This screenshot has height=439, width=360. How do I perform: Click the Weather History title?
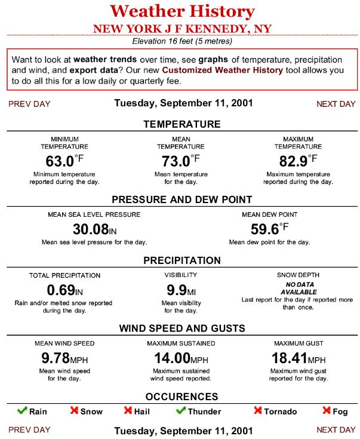182,11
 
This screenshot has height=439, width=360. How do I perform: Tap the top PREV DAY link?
29,104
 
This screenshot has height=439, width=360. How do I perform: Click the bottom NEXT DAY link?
336,429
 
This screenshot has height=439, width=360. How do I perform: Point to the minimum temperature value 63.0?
60,161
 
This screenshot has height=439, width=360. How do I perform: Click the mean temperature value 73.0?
176,161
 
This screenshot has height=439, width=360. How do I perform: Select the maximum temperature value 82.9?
293,161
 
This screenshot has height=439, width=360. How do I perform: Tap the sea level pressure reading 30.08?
91,229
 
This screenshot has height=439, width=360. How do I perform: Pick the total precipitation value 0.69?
60,291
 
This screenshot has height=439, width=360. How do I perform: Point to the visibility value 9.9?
177,291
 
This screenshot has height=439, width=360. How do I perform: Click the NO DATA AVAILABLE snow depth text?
299,288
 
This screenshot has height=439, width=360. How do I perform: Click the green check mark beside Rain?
22,411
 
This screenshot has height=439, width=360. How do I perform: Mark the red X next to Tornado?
258,411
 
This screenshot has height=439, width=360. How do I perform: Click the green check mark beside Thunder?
181,411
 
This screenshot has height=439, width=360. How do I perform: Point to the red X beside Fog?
327,411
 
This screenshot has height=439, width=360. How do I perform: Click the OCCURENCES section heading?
181,397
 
